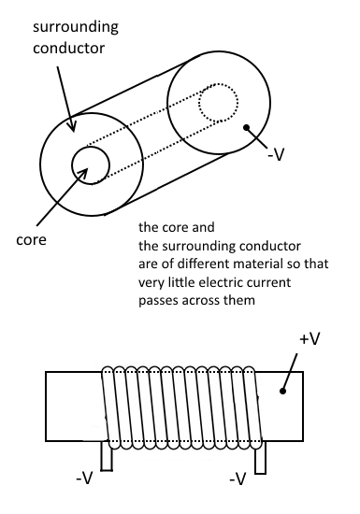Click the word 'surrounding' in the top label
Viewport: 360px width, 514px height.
pos(76,27)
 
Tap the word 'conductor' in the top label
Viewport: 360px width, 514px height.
pos(69,49)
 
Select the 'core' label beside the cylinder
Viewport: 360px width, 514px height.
pos(31,240)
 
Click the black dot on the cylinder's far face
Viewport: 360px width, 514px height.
pos(247,127)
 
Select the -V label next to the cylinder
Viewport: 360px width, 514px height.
pos(276,155)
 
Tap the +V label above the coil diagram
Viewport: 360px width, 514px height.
pos(310,339)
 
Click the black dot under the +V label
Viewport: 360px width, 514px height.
pos(282,391)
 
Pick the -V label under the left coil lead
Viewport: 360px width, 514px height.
pos(84,478)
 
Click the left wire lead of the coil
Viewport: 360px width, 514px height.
pos(107,456)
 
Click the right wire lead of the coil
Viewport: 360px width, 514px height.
pos(261,458)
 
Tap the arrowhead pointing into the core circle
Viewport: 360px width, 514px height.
pos(83,173)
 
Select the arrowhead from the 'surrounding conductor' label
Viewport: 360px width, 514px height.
pos(72,125)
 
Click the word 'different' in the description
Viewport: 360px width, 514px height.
pos(196,264)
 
